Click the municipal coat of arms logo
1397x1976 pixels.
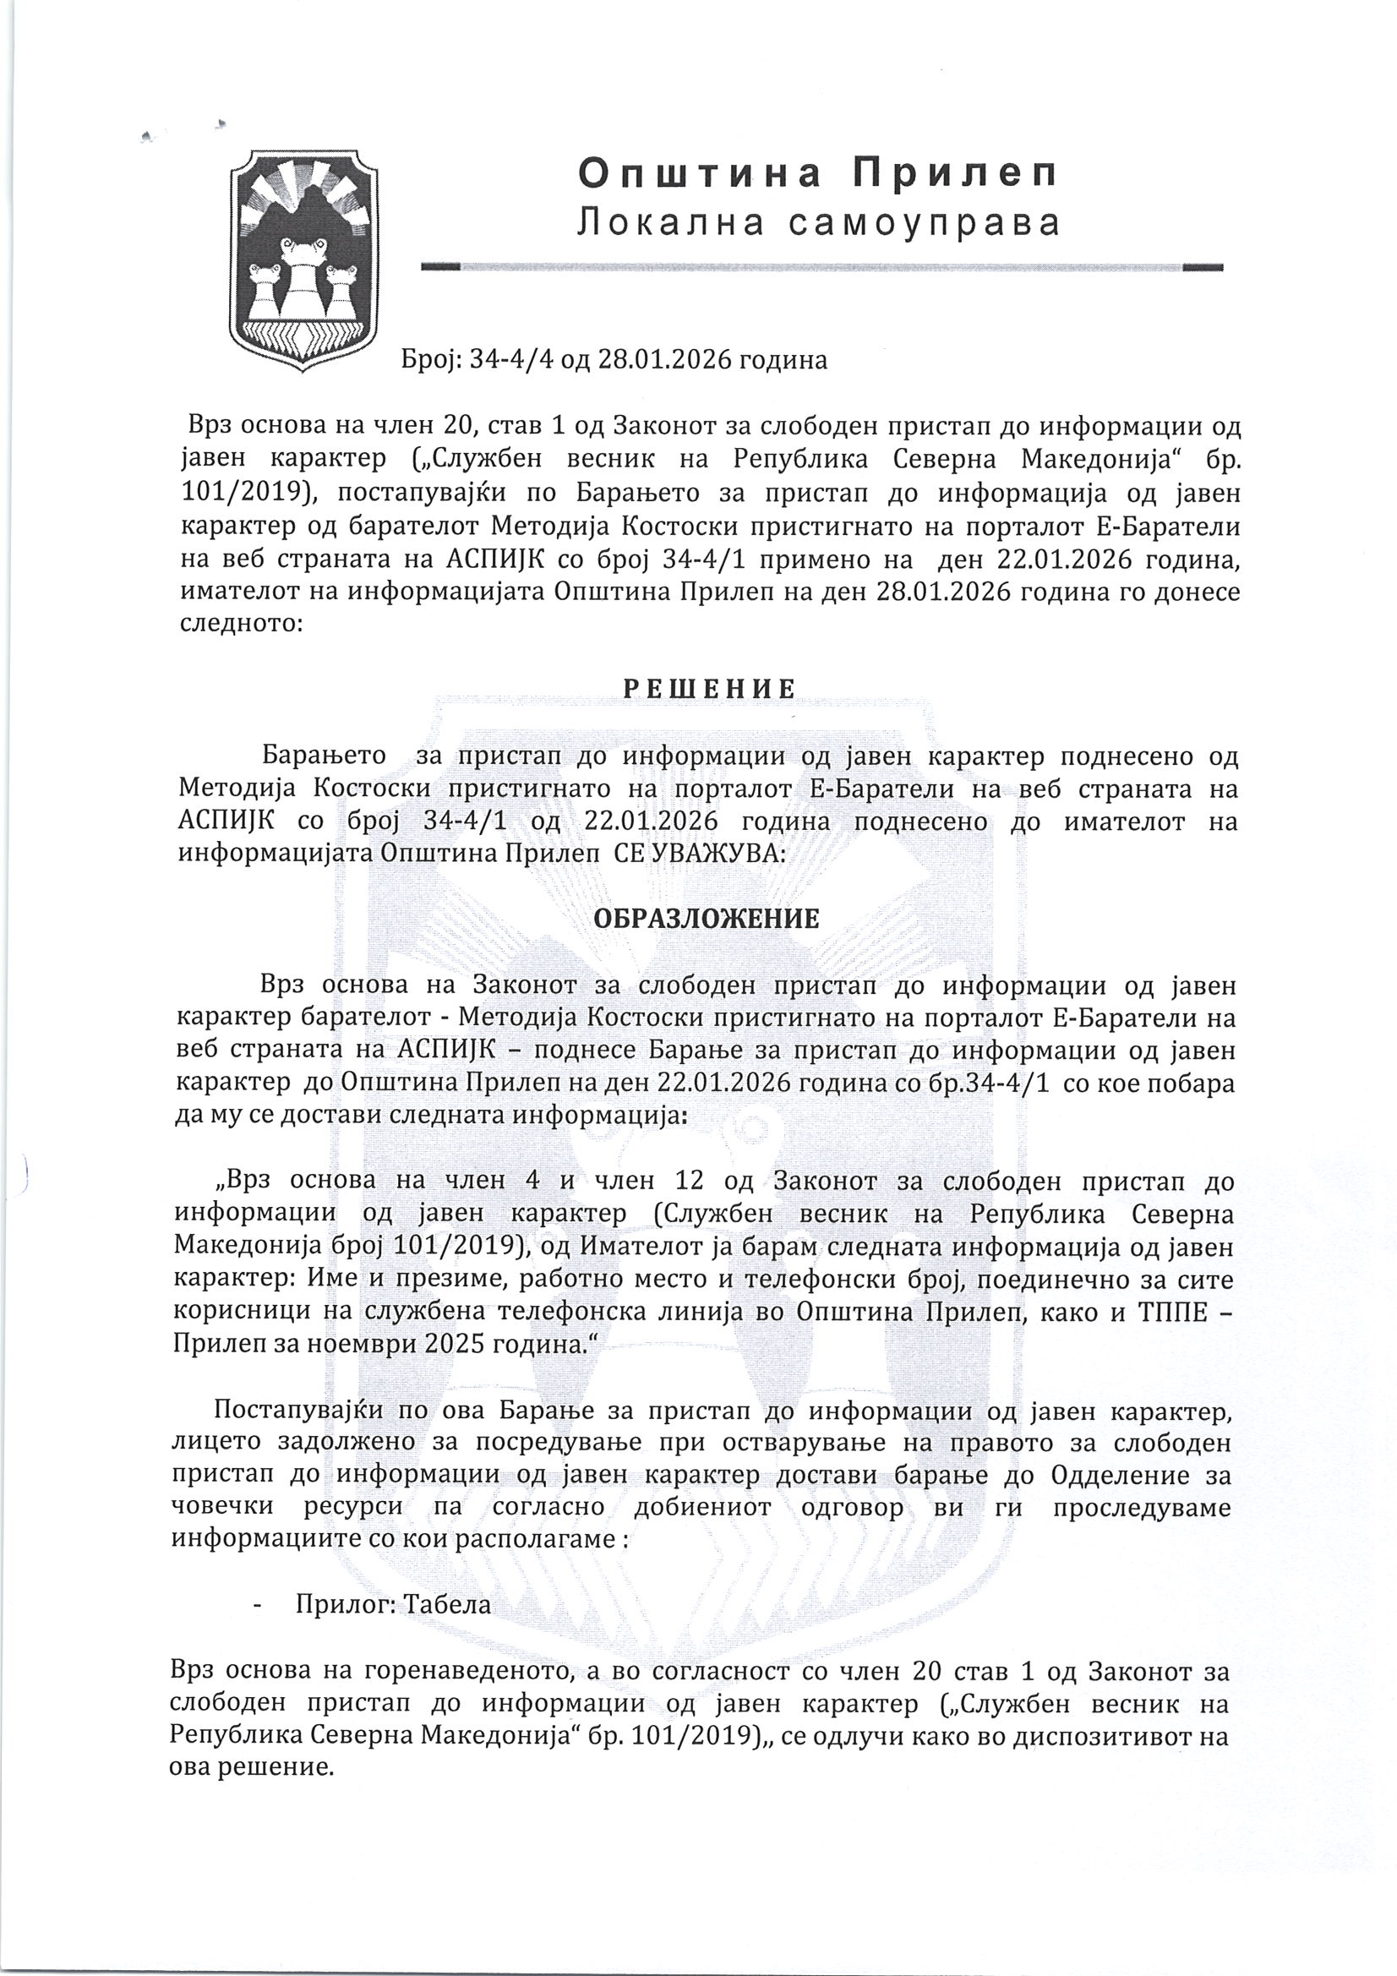[x=303, y=260]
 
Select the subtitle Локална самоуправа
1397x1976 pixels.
[x=818, y=223]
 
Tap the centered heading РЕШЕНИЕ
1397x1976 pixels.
[x=709, y=689]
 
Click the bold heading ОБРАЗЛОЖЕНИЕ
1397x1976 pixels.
[x=707, y=920]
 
